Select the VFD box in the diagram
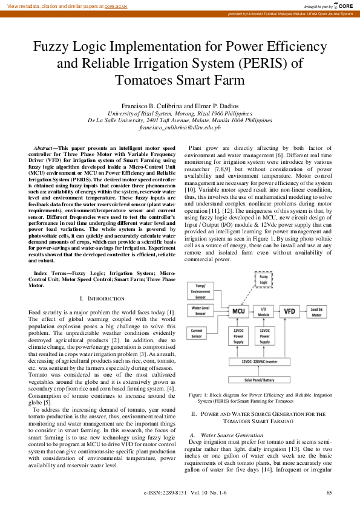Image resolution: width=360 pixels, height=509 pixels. coord(291,311)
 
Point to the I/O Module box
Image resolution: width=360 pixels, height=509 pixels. coord(263,311)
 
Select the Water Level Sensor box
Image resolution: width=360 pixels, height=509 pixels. coord(205,311)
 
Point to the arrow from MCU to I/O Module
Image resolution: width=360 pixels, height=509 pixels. coord(250,311)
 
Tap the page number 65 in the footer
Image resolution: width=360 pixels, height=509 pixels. coord(329,493)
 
